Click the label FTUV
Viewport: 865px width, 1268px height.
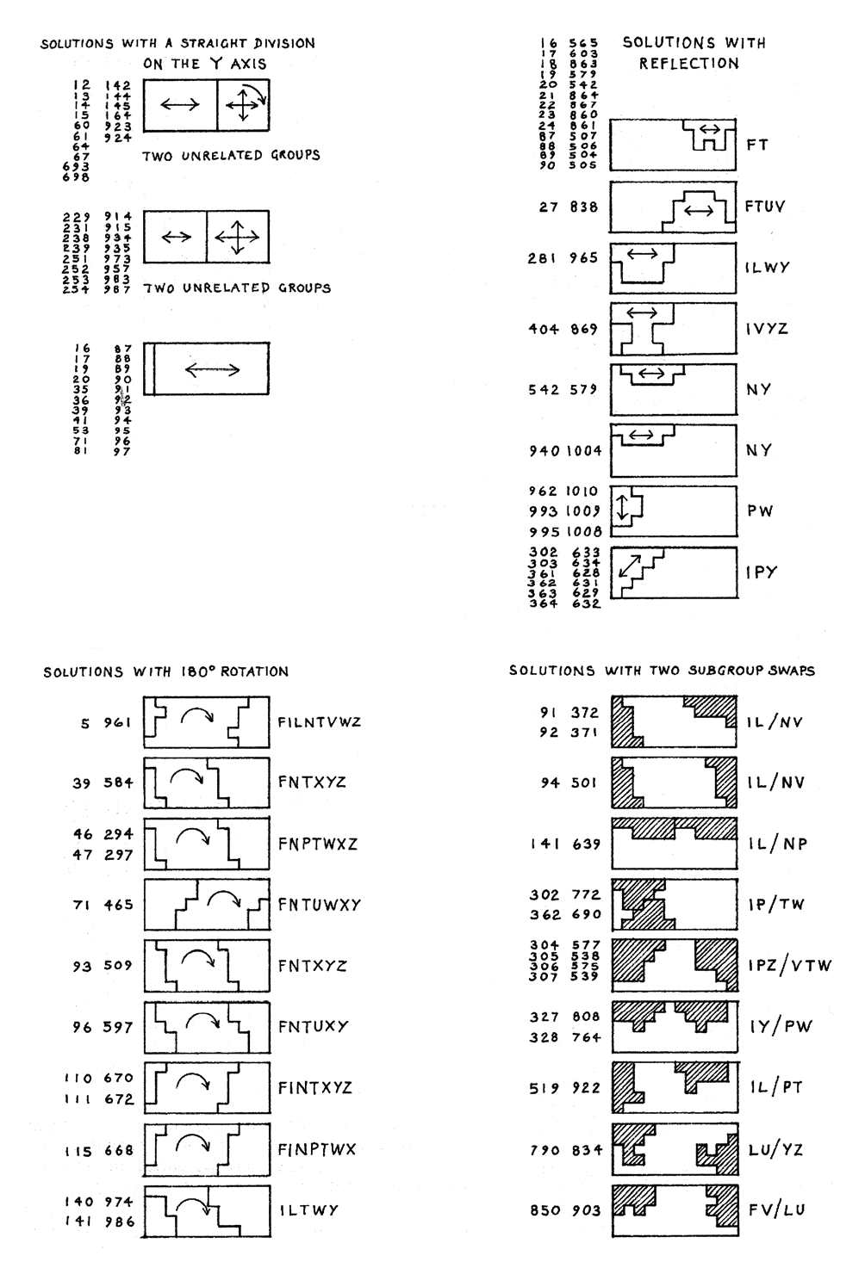[x=764, y=207]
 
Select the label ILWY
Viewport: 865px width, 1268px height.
[x=766, y=268]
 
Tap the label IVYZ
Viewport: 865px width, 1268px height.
[x=766, y=329]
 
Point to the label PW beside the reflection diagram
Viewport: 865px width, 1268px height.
[x=759, y=510]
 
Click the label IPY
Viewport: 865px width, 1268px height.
[x=761, y=572]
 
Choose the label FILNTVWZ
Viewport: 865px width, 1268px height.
[x=319, y=721]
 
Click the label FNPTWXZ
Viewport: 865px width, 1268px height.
[x=317, y=844]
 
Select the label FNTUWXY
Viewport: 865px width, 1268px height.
[x=319, y=905]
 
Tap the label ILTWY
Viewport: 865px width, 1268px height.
[x=308, y=1209]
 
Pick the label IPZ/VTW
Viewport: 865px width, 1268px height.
[x=789, y=965]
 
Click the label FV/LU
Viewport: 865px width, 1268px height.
[x=775, y=1209]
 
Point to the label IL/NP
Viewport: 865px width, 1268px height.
[x=777, y=844]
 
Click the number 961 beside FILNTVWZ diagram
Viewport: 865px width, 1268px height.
[x=119, y=722]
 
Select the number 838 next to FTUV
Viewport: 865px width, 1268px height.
[x=582, y=207]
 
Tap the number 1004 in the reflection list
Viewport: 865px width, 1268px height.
[x=584, y=450]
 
